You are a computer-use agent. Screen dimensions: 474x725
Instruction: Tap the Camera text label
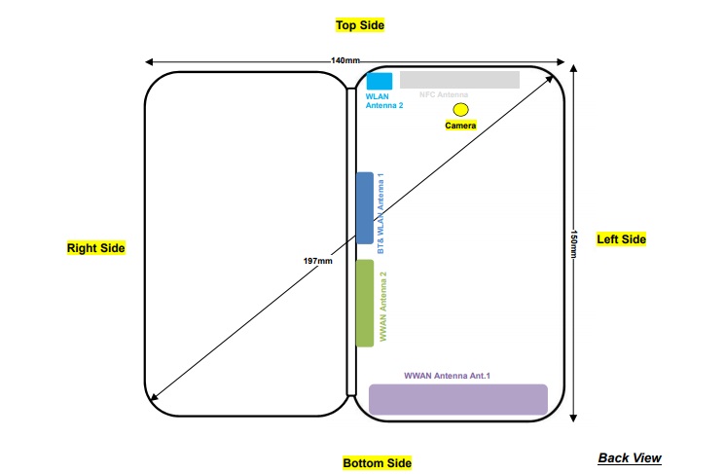point(461,127)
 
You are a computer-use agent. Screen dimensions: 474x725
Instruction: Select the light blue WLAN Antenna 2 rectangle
point(380,81)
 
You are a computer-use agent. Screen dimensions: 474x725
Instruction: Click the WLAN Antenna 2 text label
point(384,101)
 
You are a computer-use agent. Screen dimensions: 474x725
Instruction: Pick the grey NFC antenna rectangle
point(459,80)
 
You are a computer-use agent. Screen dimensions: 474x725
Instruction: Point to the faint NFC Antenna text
point(444,95)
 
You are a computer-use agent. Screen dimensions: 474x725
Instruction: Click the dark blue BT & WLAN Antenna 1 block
point(365,207)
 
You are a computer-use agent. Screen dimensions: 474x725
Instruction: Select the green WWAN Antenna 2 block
point(365,303)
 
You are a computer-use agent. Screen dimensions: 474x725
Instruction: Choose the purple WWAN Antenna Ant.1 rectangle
point(457,399)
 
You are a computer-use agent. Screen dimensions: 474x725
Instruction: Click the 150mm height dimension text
point(574,243)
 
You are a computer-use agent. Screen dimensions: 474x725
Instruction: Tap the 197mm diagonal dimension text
point(318,262)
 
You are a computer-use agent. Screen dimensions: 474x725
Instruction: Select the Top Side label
point(360,24)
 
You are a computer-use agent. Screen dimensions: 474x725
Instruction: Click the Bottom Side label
point(378,462)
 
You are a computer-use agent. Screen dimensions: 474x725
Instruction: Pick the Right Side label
point(95,248)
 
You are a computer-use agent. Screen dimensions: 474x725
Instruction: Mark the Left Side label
point(621,239)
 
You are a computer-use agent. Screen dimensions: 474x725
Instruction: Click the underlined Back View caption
point(629,457)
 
